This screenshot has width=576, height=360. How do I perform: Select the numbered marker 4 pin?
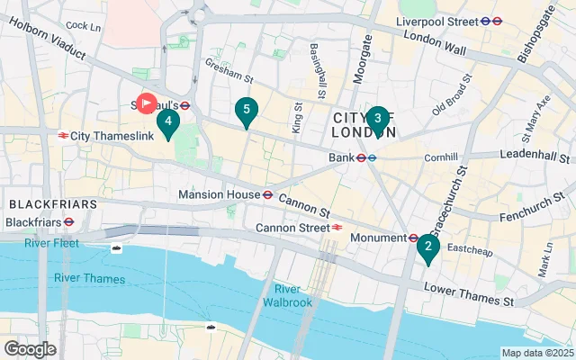pyautogui.click(x=167, y=121)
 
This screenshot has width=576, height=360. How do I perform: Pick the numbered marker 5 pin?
pyautogui.click(x=246, y=111)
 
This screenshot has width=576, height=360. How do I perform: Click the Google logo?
pyautogui.click(x=30, y=348)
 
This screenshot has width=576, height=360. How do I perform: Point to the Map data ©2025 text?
pyautogui.click(x=536, y=353)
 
